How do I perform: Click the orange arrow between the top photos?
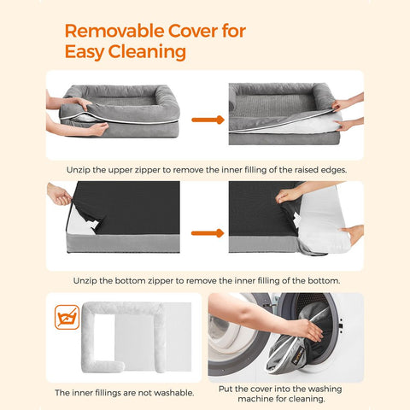click(x=202, y=120)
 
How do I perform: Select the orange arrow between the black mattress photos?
click(x=207, y=232)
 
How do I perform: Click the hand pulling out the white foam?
click(x=352, y=233)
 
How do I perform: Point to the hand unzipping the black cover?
click(x=60, y=195)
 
